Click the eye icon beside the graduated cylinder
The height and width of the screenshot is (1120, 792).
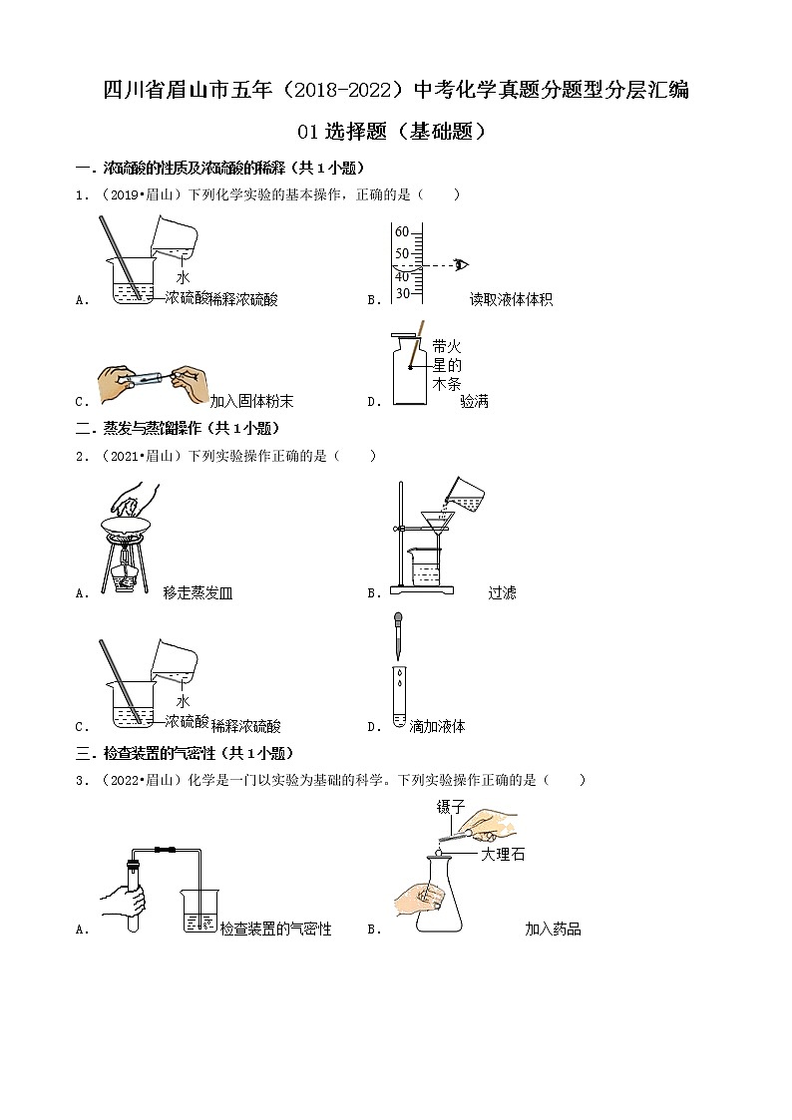(461, 264)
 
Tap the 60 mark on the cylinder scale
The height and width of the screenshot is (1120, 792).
(402, 232)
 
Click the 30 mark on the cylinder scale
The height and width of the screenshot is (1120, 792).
(402, 293)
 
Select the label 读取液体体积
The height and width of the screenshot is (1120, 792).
(511, 299)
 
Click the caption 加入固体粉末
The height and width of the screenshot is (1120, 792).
(251, 402)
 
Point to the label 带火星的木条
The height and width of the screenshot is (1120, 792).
(447, 364)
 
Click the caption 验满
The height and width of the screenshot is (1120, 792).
(475, 402)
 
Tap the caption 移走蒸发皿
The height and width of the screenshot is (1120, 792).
(198, 592)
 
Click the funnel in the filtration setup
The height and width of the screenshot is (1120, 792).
(437, 523)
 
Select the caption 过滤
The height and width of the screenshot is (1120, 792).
(502, 592)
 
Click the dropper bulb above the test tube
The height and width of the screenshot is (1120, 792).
(398, 620)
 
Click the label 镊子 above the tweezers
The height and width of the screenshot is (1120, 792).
(451, 807)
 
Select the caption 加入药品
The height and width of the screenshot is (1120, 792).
(553, 929)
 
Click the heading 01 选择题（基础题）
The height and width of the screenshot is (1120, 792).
(395, 131)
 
